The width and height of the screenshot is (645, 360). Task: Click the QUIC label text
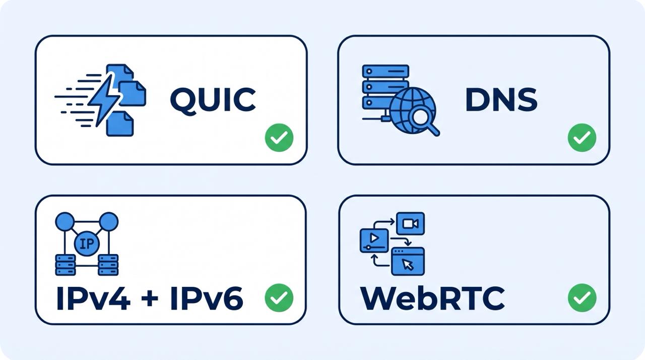(x=213, y=100)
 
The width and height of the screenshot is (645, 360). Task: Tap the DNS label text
(x=501, y=100)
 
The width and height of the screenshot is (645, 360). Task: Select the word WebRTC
(x=432, y=298)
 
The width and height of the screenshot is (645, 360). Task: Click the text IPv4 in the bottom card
(x=93, y=298)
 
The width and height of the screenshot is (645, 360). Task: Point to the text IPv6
(x=207, y=298)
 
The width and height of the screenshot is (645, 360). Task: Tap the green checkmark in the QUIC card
(x=279, y=137)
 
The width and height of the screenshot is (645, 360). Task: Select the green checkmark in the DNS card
(x=582, y=137)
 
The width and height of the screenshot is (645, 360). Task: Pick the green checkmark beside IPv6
(x=279, y=297)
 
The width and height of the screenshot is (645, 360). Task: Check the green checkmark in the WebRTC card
(x=582, y=297)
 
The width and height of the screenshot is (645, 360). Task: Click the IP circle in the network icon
(x=87, y=244)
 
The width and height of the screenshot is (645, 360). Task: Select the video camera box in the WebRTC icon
(x=410, y=223)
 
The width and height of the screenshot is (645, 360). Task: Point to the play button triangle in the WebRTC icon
(x=374, y=238)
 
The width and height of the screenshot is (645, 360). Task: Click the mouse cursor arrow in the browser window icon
(x=408, y=264)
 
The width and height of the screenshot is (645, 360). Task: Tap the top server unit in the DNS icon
(x=385, y=71)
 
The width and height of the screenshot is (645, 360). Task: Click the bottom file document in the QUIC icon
(x=120, y=124)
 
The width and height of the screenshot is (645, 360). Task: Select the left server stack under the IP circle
(x=66, y=265)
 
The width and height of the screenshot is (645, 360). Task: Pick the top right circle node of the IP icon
(x=108, y=222)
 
